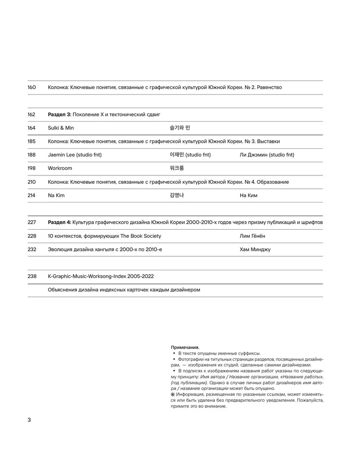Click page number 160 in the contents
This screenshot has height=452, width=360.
[x=32, y=87]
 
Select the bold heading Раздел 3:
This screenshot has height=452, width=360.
[x=59, y=114]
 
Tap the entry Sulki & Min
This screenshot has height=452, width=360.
[x=61, y=128]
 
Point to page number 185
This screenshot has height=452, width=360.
[x=32, y=141]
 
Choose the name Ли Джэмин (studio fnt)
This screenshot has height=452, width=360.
[x=267, y=155]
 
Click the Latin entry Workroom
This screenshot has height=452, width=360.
[x=60, y=168]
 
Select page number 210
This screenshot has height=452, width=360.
[x=32, y=182]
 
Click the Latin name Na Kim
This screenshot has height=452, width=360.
[x=57, y=195]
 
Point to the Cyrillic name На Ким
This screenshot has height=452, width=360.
[x=249, y=195]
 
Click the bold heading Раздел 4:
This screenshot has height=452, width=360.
[x=59, y=222]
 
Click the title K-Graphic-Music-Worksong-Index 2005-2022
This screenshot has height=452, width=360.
[x=103, y=276]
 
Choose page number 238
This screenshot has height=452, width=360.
[x=32, y=276]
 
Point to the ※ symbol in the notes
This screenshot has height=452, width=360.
[x=173, y=395]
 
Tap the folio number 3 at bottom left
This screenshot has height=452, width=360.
[x=29, y=420]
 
